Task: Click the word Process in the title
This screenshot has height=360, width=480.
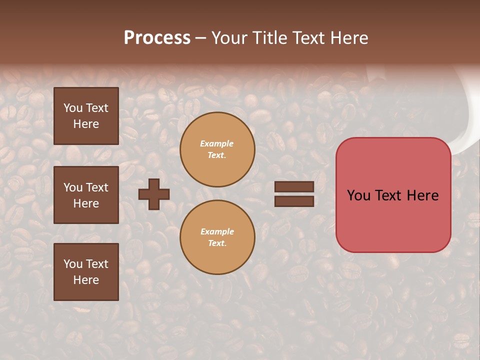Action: pos(157,38)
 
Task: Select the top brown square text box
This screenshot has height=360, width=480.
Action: pos(86,116)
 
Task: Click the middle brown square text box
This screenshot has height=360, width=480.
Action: pos(86,195)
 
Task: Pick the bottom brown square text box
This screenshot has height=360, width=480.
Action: pos(86,272)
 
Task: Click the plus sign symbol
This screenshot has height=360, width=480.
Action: pos(154,194)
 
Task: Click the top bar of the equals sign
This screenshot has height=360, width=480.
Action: pos(294,186)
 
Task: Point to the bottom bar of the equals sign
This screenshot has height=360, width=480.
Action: pos(294,201)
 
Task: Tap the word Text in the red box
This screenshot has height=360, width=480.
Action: pos(393,195)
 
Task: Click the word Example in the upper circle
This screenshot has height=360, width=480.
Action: pos(217,143)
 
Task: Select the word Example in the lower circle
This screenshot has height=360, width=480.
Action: pos(217,231)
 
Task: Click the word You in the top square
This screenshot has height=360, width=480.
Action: pos(73,108)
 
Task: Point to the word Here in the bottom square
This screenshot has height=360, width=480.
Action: pos(86,280)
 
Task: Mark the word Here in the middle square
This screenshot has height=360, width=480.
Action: pos(86,203)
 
